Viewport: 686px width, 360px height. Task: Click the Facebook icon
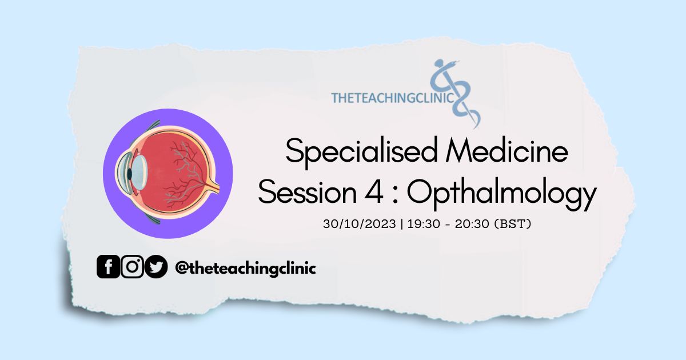(x=108, y=267)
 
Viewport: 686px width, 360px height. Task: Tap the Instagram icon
(x=132, y=267)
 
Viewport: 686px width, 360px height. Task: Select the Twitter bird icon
(x=156, y=267)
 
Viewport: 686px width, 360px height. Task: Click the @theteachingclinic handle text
(x=245, y=269)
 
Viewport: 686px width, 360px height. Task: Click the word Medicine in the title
(x=507, y=151)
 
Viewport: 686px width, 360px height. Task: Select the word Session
(x=308, y=192)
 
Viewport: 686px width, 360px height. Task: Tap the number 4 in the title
(x=374, y=192)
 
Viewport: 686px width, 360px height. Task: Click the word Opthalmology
(x=502, y=194)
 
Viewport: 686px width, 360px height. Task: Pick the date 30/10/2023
(x=360, y=224)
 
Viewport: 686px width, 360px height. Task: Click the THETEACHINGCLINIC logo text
(x=392, y=98)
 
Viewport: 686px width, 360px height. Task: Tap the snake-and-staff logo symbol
(x=455, y=93)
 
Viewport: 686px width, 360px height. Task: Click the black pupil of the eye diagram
(x=130, y=174)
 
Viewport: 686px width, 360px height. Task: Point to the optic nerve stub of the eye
(x=213, y=186)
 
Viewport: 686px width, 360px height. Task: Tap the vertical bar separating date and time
(x=402, y=224)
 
